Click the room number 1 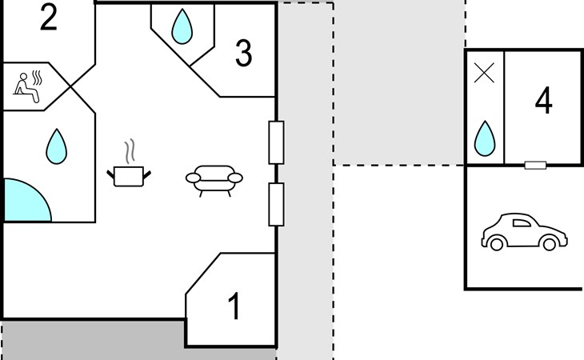[234, 306]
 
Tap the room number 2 [49, 17]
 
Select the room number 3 [243, 53]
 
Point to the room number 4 [543, 100]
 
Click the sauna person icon [26, 87]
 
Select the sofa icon [214, 181]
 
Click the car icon [524, 232]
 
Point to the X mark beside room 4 [484, 73]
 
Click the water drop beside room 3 [182, 27]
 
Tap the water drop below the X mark [485, 138]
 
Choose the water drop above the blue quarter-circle [56, 146]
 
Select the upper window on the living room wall [276, 142]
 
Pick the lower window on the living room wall [276, 204]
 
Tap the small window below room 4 [535, 165]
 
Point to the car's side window [522, 223]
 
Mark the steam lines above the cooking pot [130, 152]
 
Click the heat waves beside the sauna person [37, 78]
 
